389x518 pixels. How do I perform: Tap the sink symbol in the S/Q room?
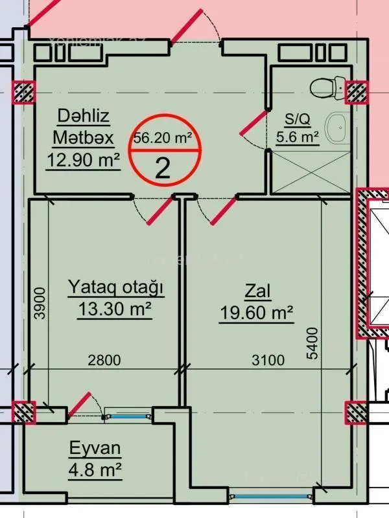tap(336, 127)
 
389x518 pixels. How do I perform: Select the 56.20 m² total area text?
tap(163, 137)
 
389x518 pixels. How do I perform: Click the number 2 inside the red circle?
tap(163, 168)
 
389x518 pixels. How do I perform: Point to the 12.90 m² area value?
tap(83, 159)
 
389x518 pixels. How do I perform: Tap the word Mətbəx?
tap(83, 137)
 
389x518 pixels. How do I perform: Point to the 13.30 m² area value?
tap(115, 310)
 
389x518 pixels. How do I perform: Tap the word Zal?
tap(257, 291)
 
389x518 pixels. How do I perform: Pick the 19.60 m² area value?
tap(257, 314)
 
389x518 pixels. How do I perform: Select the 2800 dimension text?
tap(104, 361)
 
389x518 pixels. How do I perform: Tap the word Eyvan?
tap(95, 448)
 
